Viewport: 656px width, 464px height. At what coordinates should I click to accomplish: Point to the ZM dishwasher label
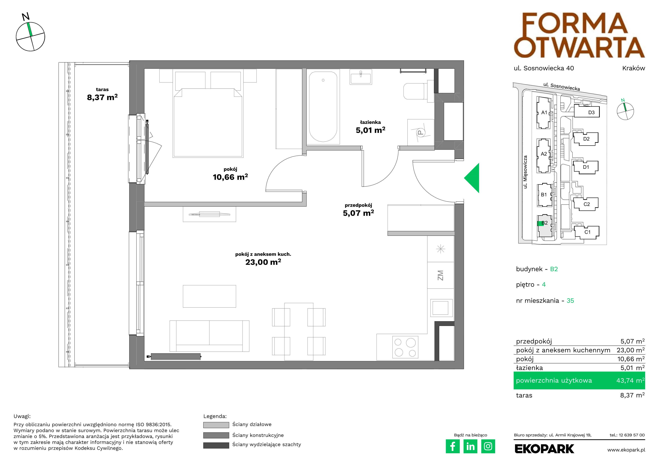pos(440,275)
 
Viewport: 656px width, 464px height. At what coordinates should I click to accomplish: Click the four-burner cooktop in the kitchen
pos(405,347)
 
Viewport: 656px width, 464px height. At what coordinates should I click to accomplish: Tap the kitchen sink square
pos(441,308)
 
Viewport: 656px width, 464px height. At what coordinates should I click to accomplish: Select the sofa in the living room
pos(210,336)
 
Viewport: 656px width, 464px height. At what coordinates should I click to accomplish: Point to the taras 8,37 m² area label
pos(102,94)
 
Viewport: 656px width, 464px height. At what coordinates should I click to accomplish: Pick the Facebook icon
pos(452,446)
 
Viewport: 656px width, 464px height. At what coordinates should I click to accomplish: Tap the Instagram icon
pos(488,446)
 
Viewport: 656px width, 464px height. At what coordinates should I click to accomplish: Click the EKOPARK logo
pos(544,449)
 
